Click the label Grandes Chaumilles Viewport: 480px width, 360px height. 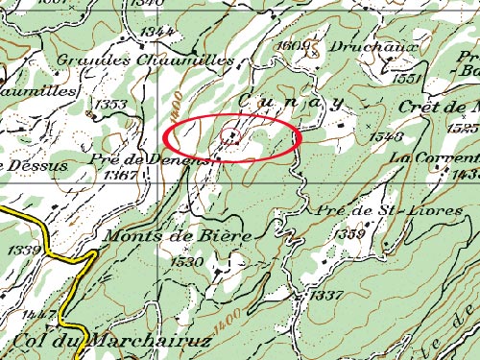(145, 60)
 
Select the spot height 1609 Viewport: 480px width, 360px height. (289, 45)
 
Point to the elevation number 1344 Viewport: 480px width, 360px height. (156, 32)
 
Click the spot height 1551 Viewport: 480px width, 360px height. (408, 79)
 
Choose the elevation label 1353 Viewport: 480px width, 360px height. (110, 104)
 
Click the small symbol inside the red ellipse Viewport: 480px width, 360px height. (230, 135)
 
